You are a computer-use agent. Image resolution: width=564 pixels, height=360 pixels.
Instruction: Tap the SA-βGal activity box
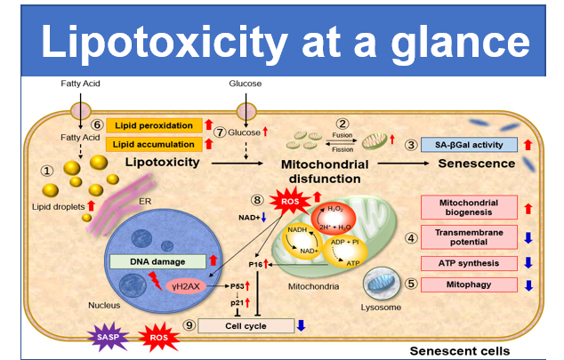[x=470, y=145]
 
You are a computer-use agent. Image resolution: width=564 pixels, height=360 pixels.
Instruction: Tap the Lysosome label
[x=381, y=308]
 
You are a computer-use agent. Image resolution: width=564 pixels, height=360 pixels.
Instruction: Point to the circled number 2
[x=342, y=124]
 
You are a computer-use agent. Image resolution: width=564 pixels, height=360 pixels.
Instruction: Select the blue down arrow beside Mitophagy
[x=528, y=285]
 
